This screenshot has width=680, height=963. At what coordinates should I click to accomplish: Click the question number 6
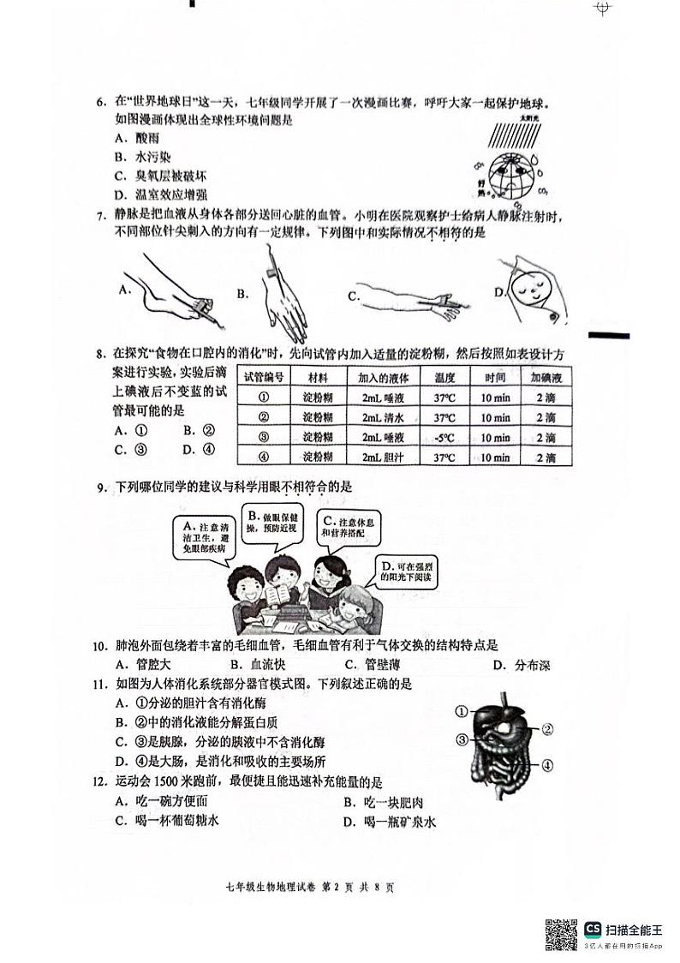[99, 103]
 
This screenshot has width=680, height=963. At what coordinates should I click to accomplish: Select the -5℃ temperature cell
[443, 438]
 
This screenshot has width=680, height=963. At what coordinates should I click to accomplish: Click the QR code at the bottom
[561, 933]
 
